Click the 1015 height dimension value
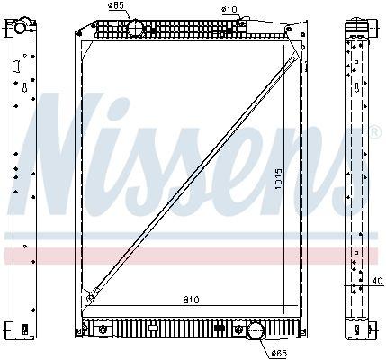coord(279,178)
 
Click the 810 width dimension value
coord(191,300)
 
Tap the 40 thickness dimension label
coord(377,281)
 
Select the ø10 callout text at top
coord(229,10)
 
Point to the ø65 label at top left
coord(116,5)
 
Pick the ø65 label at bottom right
coord(279,354)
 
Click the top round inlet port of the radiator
coord(136,28)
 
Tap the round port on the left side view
coord(21,28)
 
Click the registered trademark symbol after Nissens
coord(376,132)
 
